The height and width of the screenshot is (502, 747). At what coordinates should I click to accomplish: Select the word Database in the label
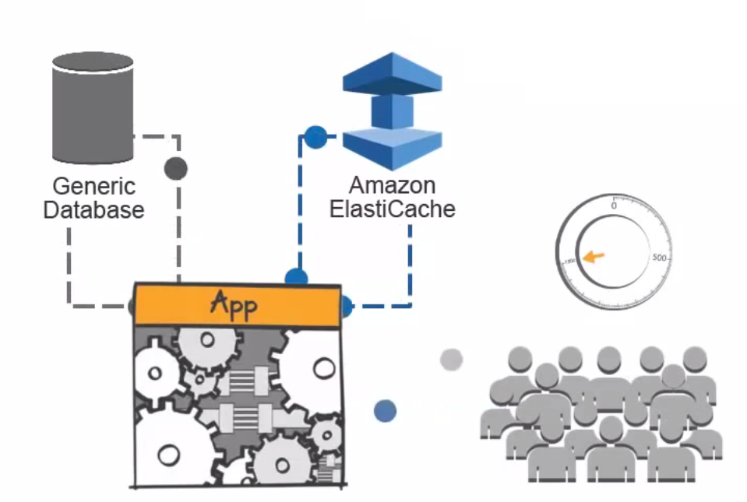pos(93,209)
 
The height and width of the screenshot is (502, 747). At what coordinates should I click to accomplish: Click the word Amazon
pos(392,186)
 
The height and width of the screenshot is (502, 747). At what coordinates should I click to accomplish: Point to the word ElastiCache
pos(392,209)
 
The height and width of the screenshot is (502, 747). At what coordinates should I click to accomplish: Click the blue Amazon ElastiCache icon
pos(392,109)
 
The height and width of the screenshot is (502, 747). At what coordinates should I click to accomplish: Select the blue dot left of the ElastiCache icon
pos(315,137)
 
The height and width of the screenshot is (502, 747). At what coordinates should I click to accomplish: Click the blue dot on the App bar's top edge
pos(296,279)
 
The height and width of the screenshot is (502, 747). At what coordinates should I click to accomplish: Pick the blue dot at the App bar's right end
pos(345,306)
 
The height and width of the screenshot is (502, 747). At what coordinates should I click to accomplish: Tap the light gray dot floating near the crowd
pos(451,360)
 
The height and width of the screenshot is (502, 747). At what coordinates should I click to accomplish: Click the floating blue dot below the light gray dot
pos(385,411)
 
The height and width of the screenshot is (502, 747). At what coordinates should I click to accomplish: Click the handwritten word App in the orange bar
pos(234,304)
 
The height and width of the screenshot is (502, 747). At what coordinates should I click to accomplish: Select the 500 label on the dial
pos(661,258)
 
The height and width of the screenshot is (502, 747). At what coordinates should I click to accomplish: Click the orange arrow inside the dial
pos(594,257)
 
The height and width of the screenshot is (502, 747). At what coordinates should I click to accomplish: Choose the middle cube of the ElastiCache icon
pos(392,111)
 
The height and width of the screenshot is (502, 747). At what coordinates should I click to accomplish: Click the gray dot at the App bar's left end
pos(133,306)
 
